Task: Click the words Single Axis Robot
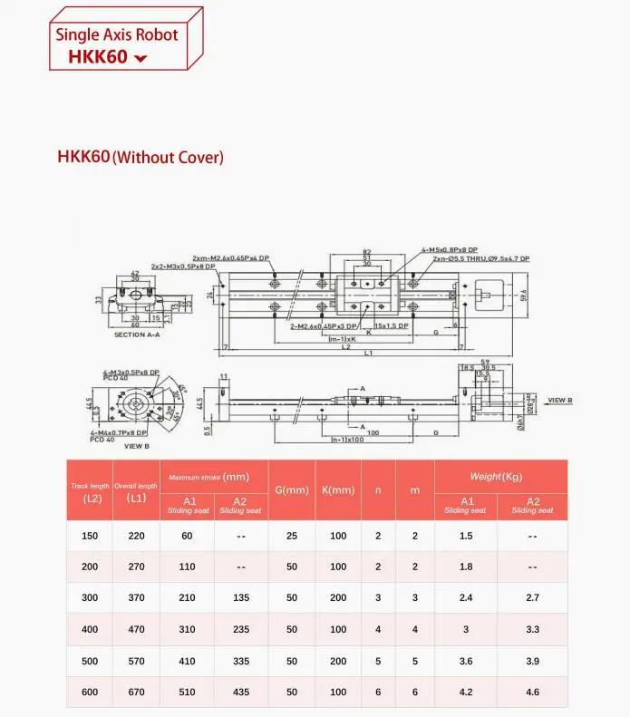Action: (117, 35)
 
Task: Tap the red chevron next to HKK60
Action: (140, 59)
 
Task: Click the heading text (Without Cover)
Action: (168, 158)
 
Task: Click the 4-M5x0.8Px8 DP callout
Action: (450, 251)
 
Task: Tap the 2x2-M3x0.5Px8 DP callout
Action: (183, 266)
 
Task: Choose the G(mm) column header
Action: (292, 489)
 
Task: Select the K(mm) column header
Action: (338, 489)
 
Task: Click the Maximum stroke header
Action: (209, 476)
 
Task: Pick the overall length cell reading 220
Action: (136, 536)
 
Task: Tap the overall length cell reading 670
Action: (136, 693)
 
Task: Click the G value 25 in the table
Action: (292, 536)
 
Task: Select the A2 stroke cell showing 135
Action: (240, 598)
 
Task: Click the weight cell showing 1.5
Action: (466, 536)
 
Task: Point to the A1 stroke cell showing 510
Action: (188, 693)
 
